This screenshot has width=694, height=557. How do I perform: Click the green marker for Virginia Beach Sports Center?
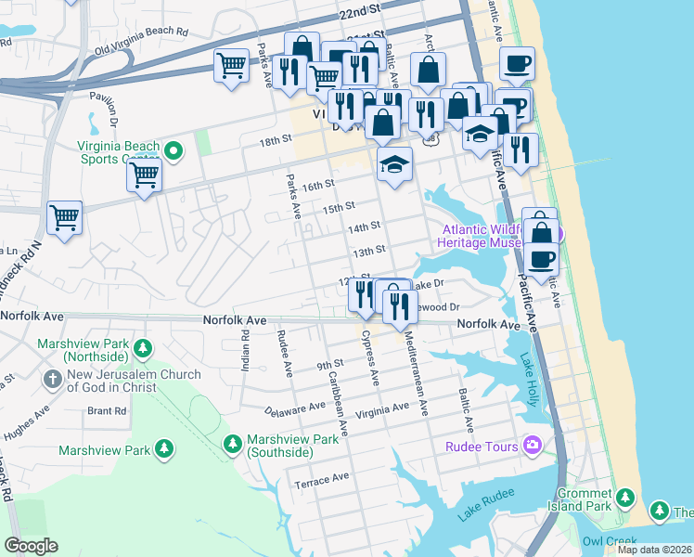(172, 150)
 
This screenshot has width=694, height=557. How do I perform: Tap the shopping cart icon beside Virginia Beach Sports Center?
(145, 173)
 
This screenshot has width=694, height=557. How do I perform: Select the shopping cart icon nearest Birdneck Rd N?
(64, 217)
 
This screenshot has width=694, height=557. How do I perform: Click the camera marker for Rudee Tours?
(532, 447)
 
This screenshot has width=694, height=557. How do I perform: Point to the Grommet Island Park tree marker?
(625, 500)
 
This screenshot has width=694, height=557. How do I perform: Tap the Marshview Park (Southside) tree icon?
(233, 444)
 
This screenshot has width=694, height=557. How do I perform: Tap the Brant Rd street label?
(107, 410)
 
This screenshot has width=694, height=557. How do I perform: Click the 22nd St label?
(360, 13)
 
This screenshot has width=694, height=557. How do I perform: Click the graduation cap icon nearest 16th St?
(394, 165)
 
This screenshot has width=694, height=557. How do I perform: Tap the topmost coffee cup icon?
(517, 63)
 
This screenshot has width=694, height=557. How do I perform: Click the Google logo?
(31, 546)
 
